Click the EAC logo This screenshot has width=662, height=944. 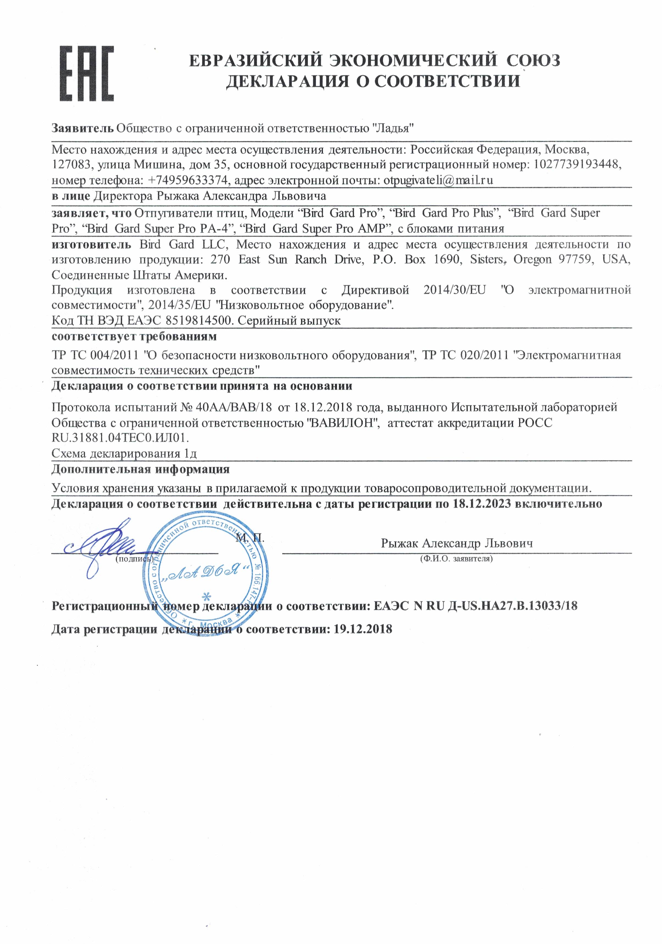click(x=87, y=74)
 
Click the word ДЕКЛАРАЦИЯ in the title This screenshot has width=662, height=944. click(x=286, y=81)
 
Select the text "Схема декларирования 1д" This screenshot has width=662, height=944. click(x=124, y=454)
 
